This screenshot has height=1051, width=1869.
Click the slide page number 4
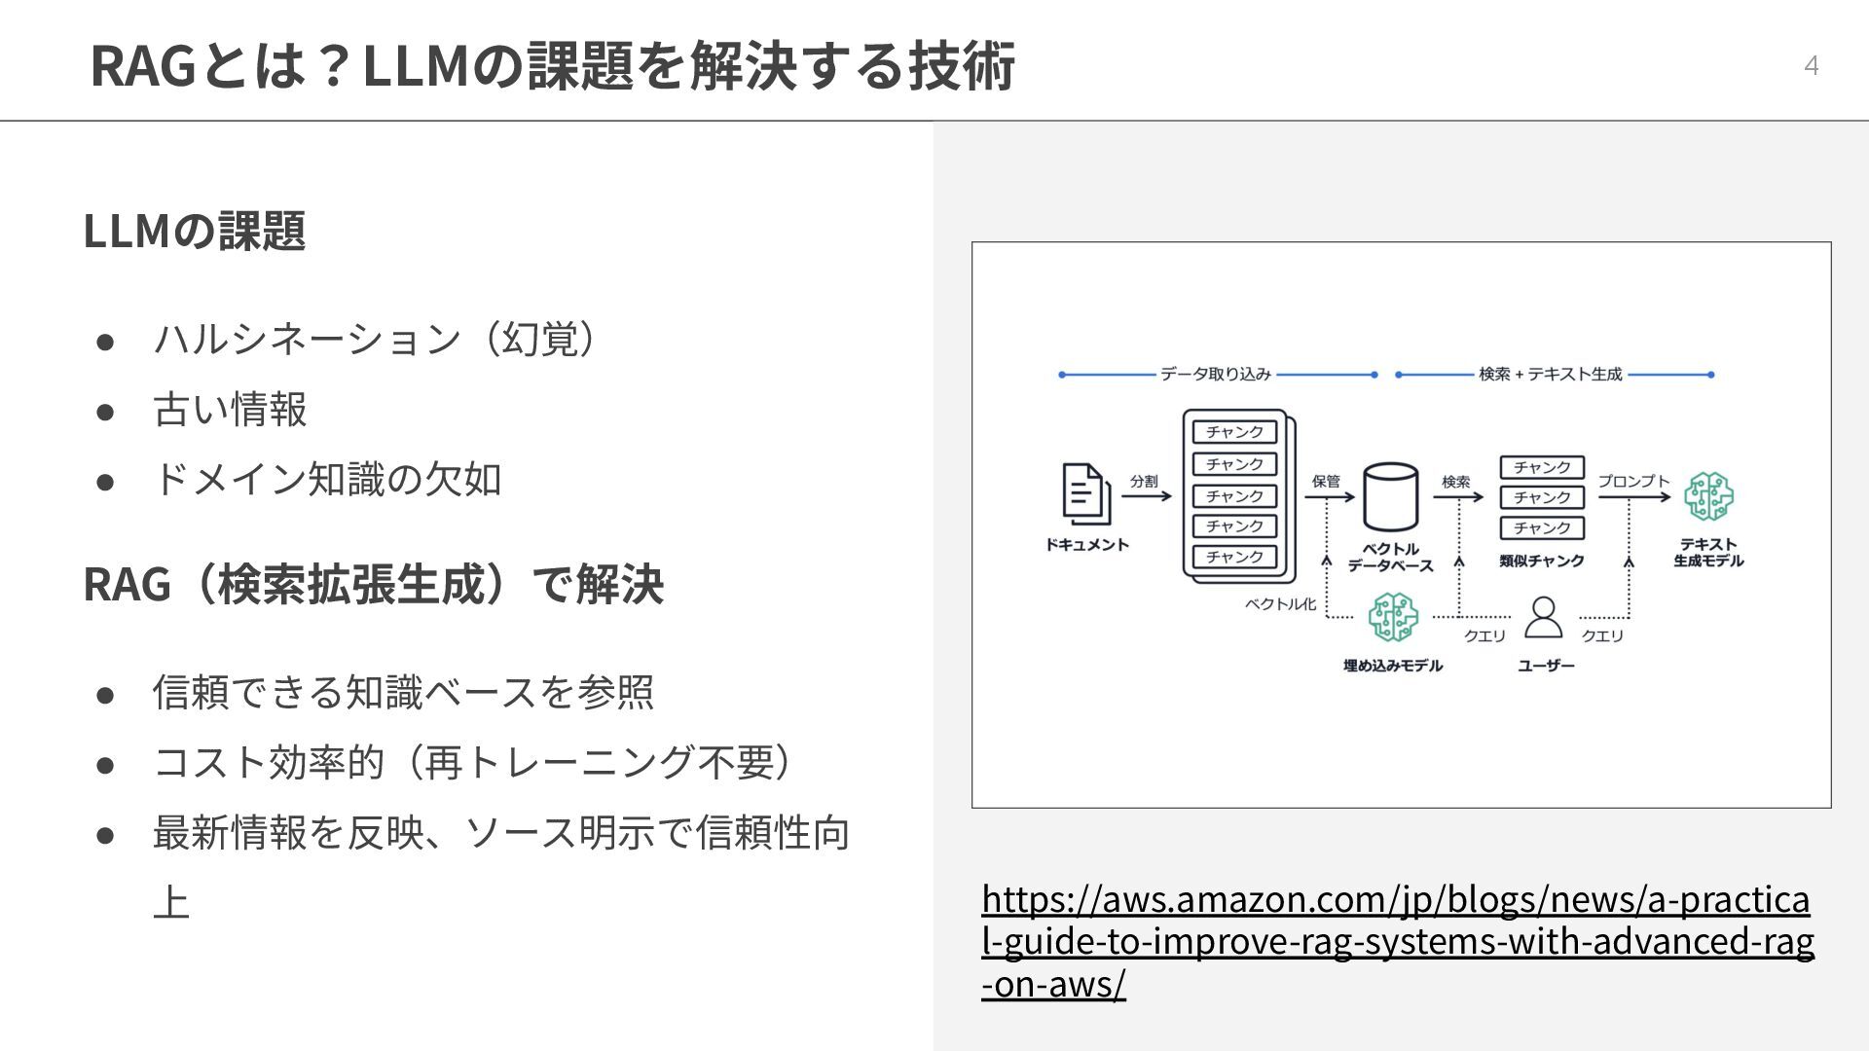coord(1811,65)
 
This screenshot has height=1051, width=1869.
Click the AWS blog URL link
coord(1397,941)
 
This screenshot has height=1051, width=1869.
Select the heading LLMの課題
coord(195,231)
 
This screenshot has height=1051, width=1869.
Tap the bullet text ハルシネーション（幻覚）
coord(376,339)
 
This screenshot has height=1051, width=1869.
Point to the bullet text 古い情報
coord(230,409)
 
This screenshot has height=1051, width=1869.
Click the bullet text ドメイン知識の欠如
coord(327,479)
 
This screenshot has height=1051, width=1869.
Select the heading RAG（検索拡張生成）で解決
coord(374,584)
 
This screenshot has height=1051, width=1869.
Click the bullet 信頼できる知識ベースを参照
coord(403,692)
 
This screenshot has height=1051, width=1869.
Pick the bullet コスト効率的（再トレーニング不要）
coord(475,762)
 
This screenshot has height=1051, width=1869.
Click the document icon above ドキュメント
coord(1085,494)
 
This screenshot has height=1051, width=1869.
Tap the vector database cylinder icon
coord(1390,496)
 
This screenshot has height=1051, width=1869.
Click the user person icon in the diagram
coord(1543,617)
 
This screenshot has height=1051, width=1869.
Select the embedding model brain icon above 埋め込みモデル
coord(1393,617)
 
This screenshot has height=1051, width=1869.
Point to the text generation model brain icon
coord(1708,496)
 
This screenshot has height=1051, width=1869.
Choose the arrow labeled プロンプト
coord(1634,497)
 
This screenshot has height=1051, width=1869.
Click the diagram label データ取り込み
coord(1216,375)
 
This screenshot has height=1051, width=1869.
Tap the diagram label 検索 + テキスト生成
coord(1551,375)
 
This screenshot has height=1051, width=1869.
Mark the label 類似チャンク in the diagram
coord(1542,561)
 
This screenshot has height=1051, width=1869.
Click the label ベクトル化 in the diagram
coord(1280,604)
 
